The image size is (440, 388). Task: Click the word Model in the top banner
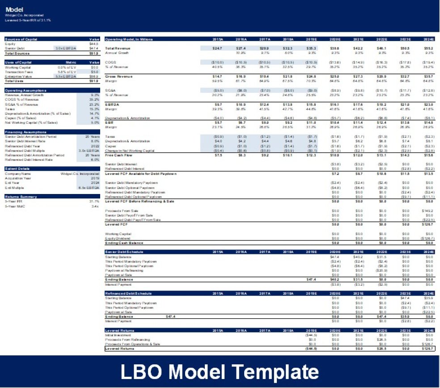coord(15,9)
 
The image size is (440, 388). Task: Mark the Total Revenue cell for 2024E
coord(427,48)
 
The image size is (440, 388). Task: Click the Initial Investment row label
coord(115,334)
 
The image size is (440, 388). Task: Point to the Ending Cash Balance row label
coord(124,243)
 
